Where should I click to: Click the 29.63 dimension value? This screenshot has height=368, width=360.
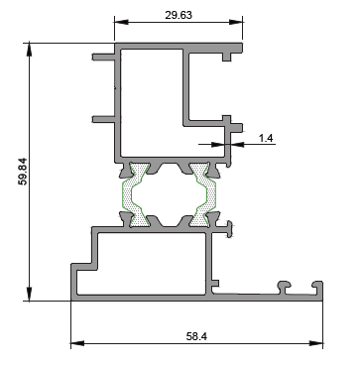point(179,15)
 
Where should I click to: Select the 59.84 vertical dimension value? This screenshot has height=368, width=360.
point(24,172)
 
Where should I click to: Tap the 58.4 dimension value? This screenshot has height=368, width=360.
point(196,336)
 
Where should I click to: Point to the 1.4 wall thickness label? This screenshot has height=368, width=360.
point(266,138)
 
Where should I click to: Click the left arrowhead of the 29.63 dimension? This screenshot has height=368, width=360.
point(121,22)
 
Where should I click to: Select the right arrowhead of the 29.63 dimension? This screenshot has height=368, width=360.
point(236,22)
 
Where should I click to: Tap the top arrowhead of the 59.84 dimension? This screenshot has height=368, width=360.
point(30,50)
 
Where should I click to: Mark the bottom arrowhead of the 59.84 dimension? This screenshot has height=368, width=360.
point(30,294)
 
